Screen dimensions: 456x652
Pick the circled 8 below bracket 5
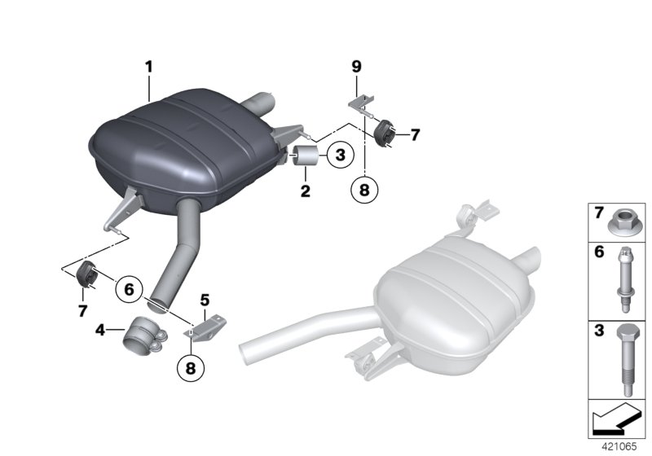click(191, 367)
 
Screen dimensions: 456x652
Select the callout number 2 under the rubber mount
click(305, 191)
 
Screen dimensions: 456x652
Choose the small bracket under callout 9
click(360, 103)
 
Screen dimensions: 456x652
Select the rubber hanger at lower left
click(86, 276)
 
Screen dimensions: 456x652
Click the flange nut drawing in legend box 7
click(620, 220)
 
